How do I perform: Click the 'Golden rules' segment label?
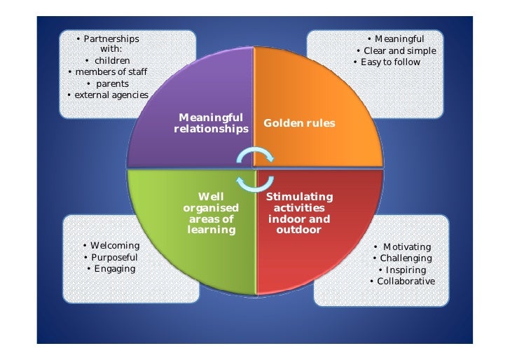pyautogui.click(x=299, y=123)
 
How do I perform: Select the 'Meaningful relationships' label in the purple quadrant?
pyautogui.click(x=211, y=123)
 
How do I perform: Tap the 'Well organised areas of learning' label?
pyautogui.click(x=211, y=214)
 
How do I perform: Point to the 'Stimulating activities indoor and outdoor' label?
pyautogui.click(x=299, y=214)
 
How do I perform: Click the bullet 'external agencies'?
pyautogui.click(x=109, y=95)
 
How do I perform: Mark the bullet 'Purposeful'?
pyautogui.click(x=111, y=257)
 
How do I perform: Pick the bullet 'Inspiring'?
pyautogui.click(x=404, y=270)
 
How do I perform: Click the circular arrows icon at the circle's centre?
pyautogui.click(x=254, y=169)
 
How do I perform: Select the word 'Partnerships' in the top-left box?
pyautogui.click(x=111, y=39)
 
